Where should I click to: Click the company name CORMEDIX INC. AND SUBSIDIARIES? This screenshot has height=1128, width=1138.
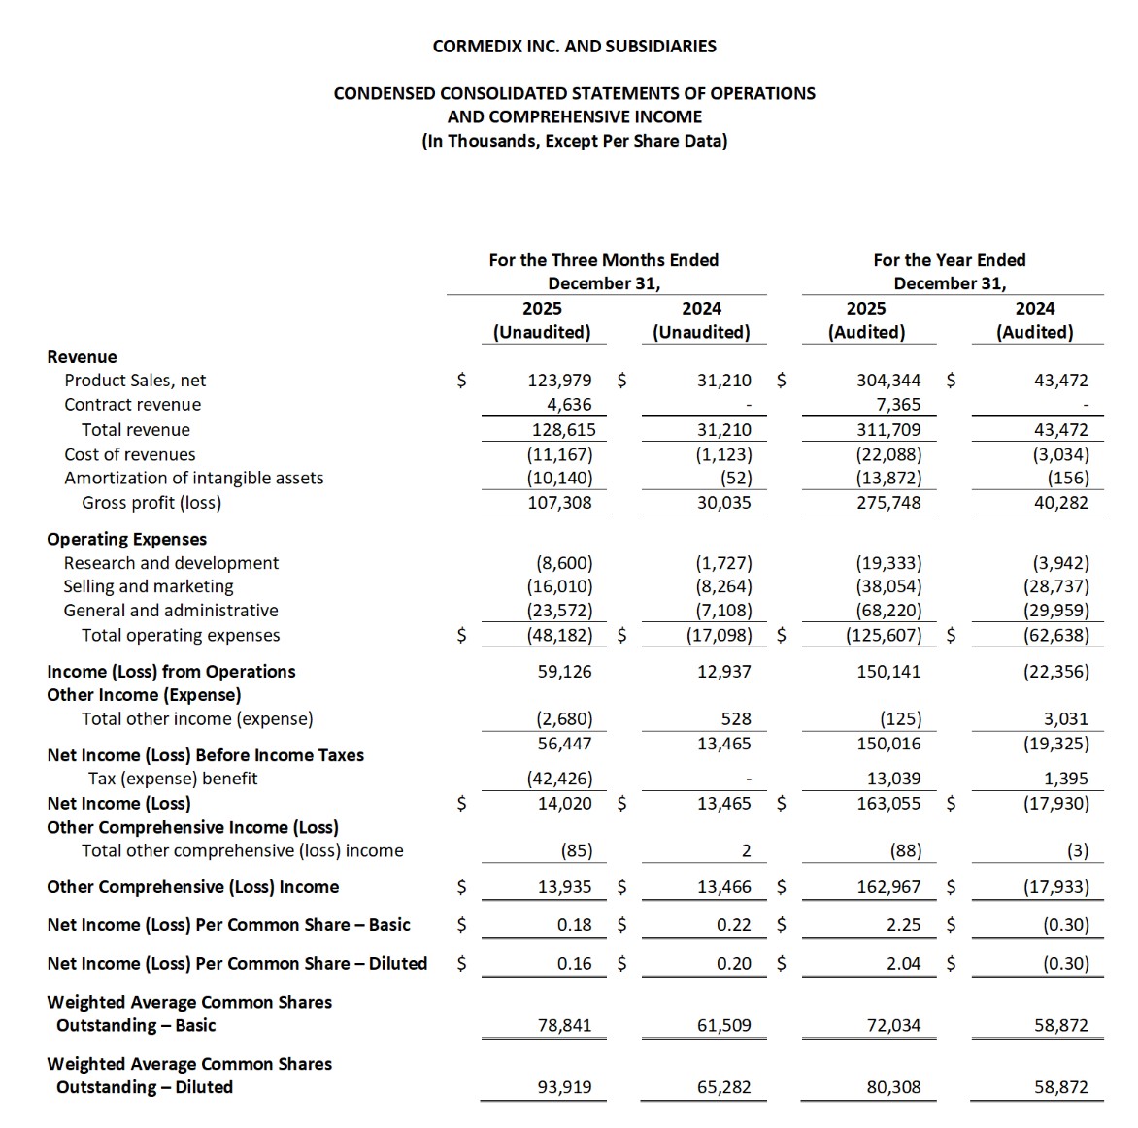pyautogui.click(x=574, y=46)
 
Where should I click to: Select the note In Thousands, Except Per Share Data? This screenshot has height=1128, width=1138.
pyautogui.click(x=574, y=141)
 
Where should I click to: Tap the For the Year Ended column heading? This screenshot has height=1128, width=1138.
pyautogui.click(x=949, y=260)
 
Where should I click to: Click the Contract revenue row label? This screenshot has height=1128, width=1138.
pyautogui.click(x=133, y=405)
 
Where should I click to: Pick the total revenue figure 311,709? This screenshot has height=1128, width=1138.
pyautogui.click(x=888, y=430)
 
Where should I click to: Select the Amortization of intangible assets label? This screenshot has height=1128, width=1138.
pyautogui.click(x=194, y=478)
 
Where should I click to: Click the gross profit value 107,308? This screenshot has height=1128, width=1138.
pyautogui.click(x=559, y=503)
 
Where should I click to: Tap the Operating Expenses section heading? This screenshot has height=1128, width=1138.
pyautogui.click(x=127, y=539)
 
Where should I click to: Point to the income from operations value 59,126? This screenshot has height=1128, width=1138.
pyautogui.click(x=564, y=671)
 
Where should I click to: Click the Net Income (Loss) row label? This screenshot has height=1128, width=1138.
pyautogui.click(x=119, y=803)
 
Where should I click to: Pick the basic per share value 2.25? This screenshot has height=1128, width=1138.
pyautogui.click(x=903, y=925)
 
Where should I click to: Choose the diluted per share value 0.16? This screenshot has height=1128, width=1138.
pyautogui.click(x=574, y=964)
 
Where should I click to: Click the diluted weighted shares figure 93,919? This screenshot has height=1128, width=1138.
pyautogui.click(x=564, y=1087)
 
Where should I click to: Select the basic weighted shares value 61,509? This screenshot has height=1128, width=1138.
pyautogui.click(x=723, y=1025)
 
